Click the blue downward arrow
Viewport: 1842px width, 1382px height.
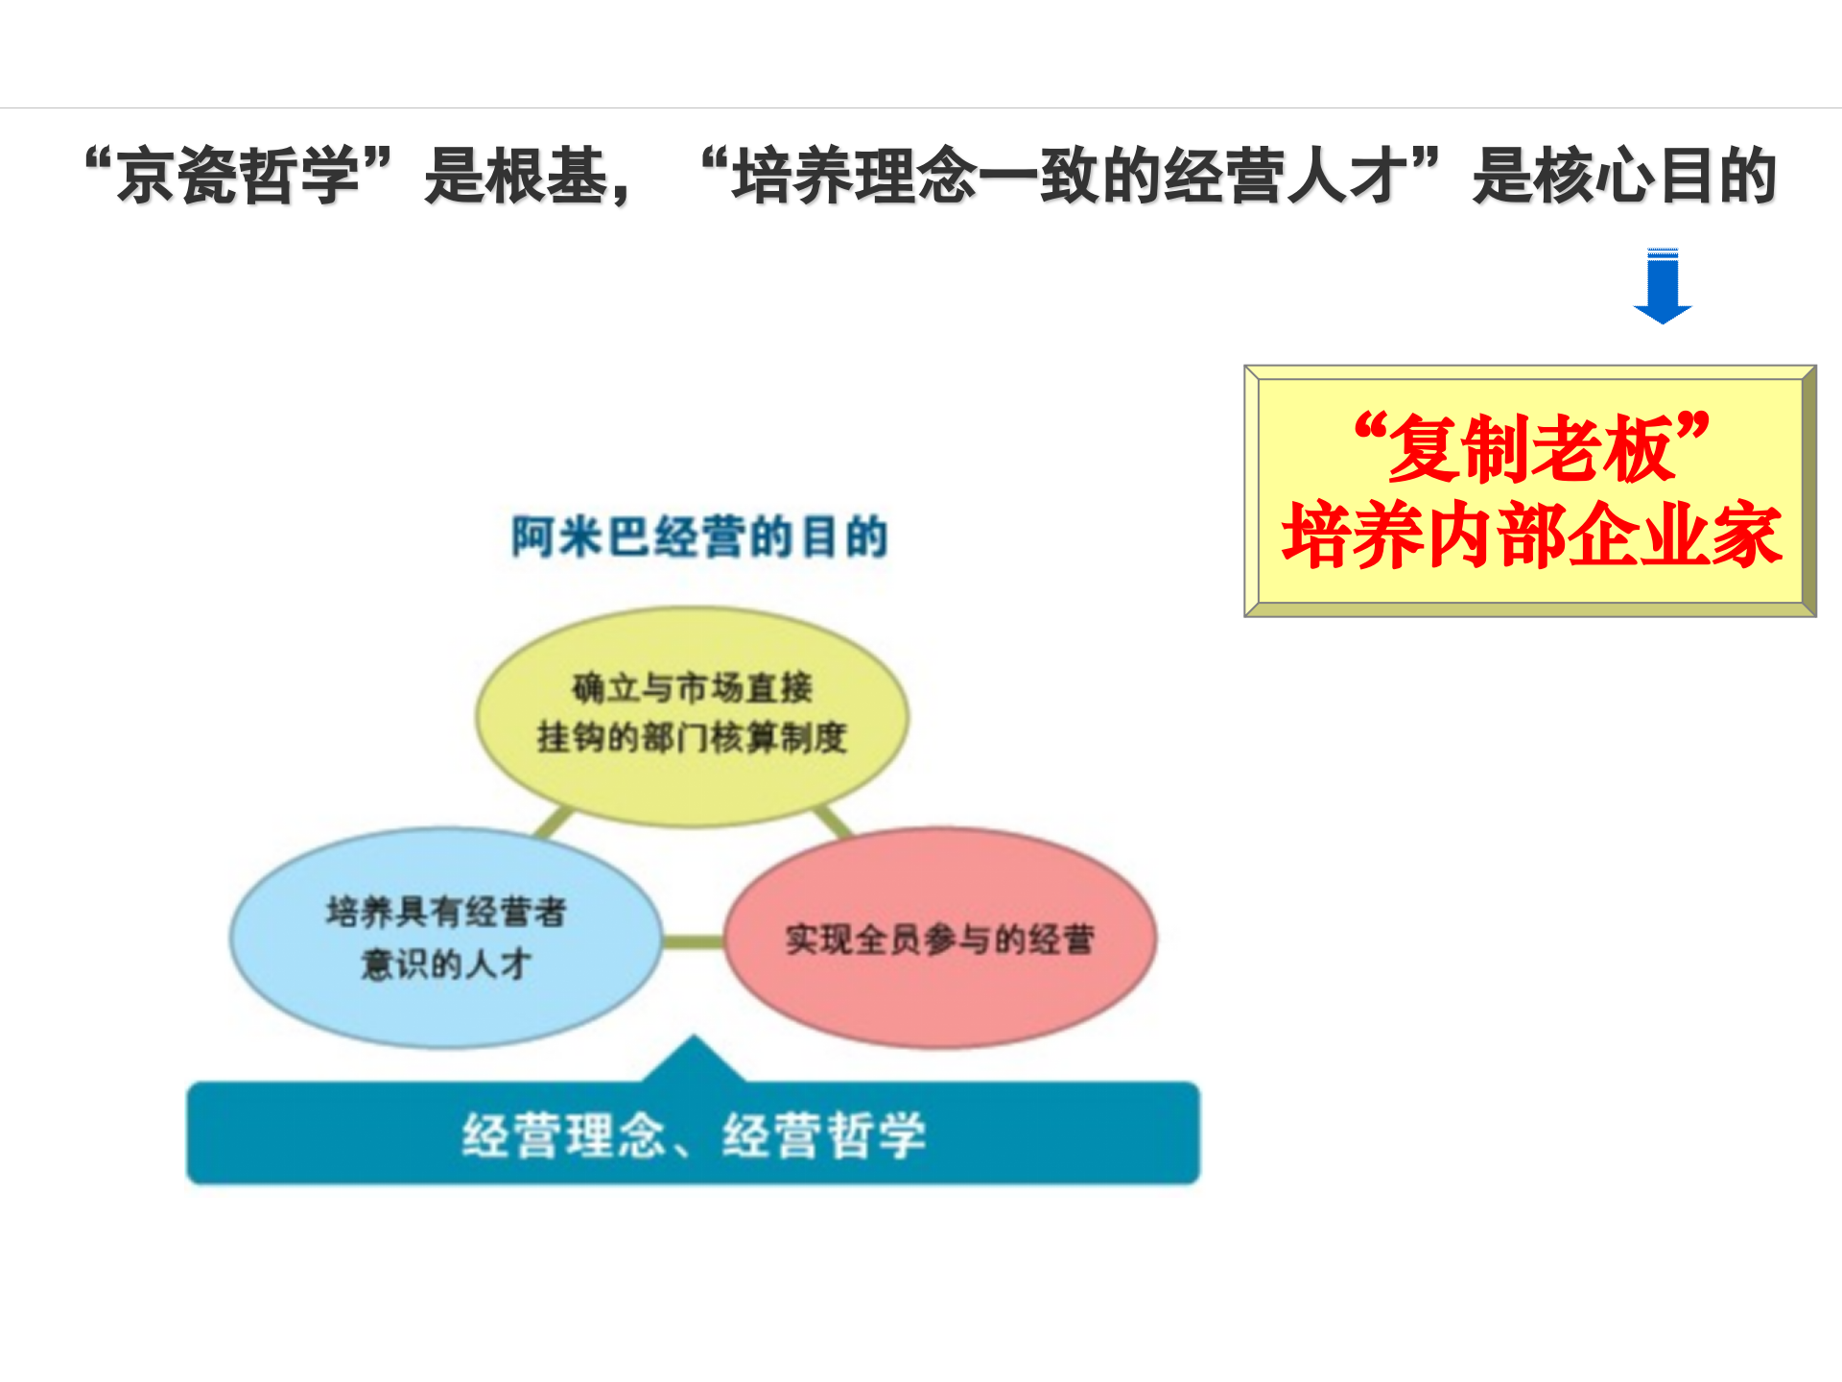[x=1662, y=286]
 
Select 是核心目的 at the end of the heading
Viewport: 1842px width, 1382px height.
[x=1623, y=176]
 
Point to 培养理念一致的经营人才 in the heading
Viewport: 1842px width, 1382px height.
[x=1069, y=176]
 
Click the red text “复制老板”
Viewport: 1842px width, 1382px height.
[x=1531, y=447]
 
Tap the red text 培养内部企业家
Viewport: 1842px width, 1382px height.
[x=1531, y=536]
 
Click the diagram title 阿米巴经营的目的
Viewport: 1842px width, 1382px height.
[x=699, y=536]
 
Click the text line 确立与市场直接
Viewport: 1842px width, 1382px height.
[x=692, y=688]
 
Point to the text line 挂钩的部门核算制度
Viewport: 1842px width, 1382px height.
[x=692, y=737]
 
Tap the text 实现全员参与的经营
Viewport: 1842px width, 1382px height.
[x=940, y=939]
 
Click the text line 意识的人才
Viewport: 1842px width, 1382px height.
[x=445, y=963]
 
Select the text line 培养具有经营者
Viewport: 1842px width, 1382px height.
[x=445, y=911]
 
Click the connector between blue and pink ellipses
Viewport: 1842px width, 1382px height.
[x=693, y=941]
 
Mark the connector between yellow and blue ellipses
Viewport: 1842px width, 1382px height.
[x=554, y=822]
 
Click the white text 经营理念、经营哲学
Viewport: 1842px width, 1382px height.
[x=693, y=1135]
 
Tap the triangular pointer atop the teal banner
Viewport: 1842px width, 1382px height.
[x=694, y=1060]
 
